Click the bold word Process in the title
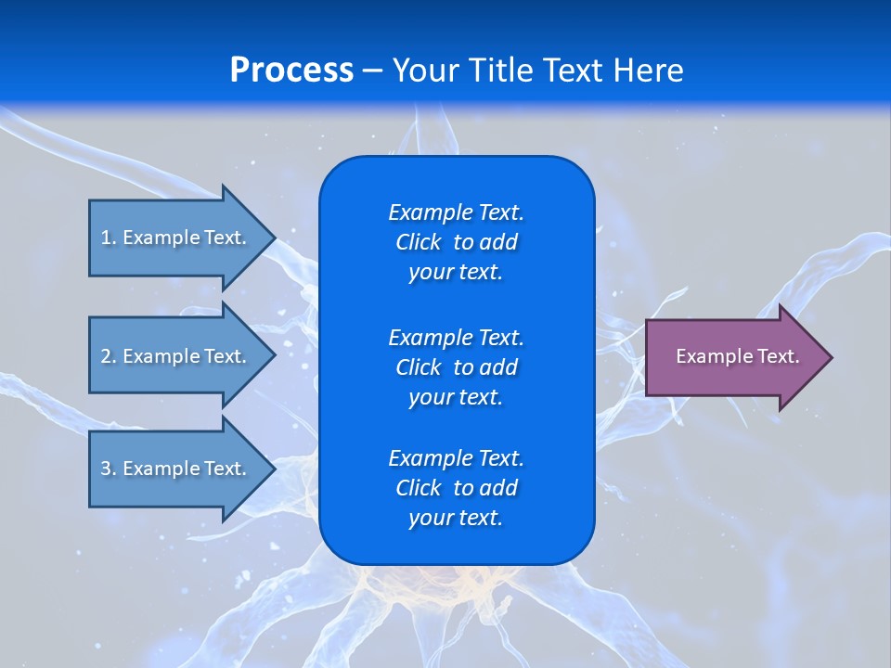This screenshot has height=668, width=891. tap(291, 71)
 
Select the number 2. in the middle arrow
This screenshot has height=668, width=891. tap(109, 356)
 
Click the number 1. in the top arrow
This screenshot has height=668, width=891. tap(109, 238)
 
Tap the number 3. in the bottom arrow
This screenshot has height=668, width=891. tap(109, 469)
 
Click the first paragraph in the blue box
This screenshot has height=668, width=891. tap(456, 242)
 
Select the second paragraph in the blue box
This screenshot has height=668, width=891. tap(456, 367)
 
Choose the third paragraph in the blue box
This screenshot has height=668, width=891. tap(456, 488)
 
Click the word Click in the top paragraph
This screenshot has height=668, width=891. tap(418, 242)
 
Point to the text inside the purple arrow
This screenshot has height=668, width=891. tap(737, 356)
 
